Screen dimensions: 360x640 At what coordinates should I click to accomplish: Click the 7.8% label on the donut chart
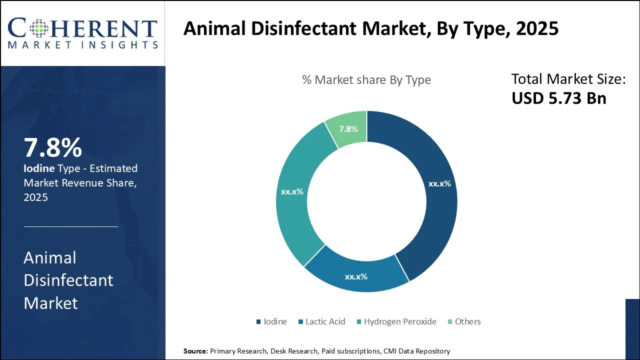click(x=348, y=129)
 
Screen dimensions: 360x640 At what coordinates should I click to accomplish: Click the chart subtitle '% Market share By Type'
click(x=366, y=80)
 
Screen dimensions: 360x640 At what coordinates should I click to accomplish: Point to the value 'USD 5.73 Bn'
click(x=558, y=98)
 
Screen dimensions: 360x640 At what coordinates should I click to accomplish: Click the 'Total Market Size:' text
click(x=568, y=79)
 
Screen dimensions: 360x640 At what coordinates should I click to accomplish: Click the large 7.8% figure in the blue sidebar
click(x=53, y=148)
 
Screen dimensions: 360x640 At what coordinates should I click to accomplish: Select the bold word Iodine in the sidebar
click(x=39, y=168)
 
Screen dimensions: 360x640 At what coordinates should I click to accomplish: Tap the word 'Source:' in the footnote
click(x=195, y=351)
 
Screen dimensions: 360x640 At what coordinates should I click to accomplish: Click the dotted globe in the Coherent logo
click(x=37, y=27)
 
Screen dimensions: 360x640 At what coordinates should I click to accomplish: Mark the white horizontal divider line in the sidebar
click(x=71, y=226)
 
